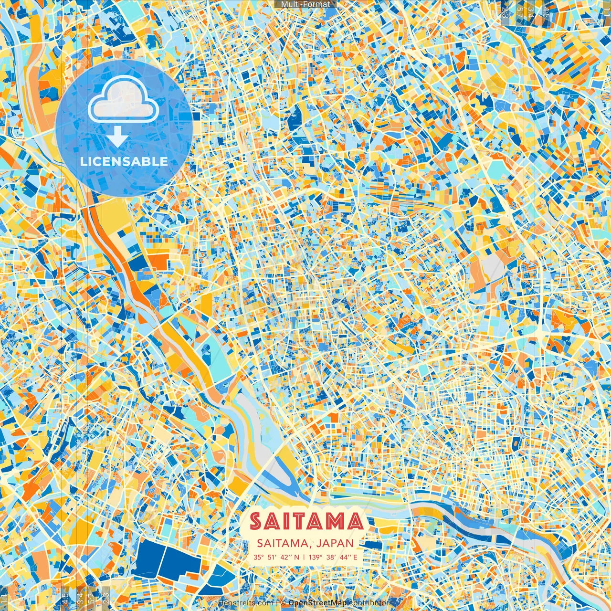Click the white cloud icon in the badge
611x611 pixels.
124,103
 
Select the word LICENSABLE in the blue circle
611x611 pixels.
124,161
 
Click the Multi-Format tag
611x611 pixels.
305,4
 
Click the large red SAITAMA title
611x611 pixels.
306,522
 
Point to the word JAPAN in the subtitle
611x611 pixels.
335,543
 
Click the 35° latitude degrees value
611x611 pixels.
259,557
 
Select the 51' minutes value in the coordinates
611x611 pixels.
272,557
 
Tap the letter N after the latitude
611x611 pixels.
296,557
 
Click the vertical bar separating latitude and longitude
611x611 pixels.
304,557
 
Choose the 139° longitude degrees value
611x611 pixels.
315,557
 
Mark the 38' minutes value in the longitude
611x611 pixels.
330,557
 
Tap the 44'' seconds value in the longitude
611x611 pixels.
344,557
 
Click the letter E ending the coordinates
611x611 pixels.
355,557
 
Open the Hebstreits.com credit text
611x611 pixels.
245,603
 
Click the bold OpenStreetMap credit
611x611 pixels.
317,603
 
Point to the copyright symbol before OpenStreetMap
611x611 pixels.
283,603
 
